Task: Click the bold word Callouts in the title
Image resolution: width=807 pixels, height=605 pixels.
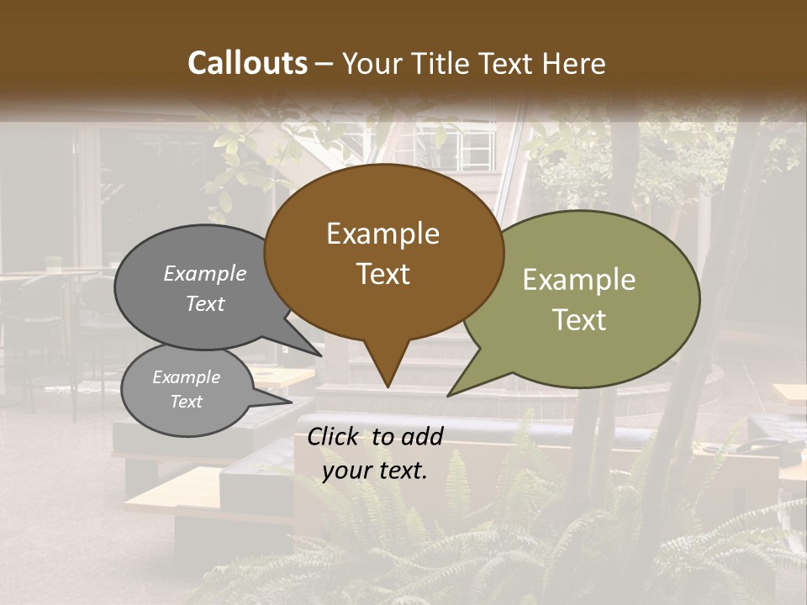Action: pyautogui.click(x=247, y=63)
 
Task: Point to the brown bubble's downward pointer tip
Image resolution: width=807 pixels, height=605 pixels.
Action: pyautogui.click(x=387, y=387)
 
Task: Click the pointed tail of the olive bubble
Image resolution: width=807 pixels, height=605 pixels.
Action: pyautogui.click(x=450, y=395)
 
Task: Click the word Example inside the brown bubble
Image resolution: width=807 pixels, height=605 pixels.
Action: pyautogui.click(x=382, y=234)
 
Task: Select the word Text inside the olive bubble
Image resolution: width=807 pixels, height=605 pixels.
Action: pyautogui.click(x=580, y=320)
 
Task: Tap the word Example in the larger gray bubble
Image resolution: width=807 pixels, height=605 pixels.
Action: pyautogui.click(x=205, y=274)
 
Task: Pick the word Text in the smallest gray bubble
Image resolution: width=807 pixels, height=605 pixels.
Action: pyautogui.click(x=187, y=402)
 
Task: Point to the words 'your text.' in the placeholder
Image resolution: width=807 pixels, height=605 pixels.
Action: pyautogui.click(x=375, y=471)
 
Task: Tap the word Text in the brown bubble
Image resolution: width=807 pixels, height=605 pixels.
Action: pyautogui.click(x=383, y=274)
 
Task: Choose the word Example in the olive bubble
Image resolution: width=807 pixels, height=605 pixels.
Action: pyautogui.click(x=579, y=280)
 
